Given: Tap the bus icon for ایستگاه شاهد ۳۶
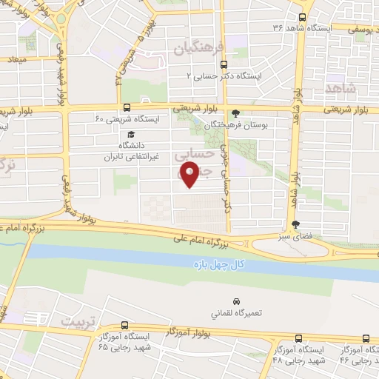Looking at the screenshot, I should (x=302, y=17).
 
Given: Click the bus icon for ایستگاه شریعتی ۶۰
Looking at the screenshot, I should (x=127, y=107).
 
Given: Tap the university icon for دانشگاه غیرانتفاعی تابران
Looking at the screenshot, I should (x=130, y=135).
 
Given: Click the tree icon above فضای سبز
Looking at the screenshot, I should (x=296, y=224).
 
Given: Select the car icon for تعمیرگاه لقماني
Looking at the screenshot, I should (x=236, y=302).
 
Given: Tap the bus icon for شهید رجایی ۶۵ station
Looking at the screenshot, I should (x=124, y=326).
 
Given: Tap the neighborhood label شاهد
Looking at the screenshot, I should (x=340, y=88).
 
